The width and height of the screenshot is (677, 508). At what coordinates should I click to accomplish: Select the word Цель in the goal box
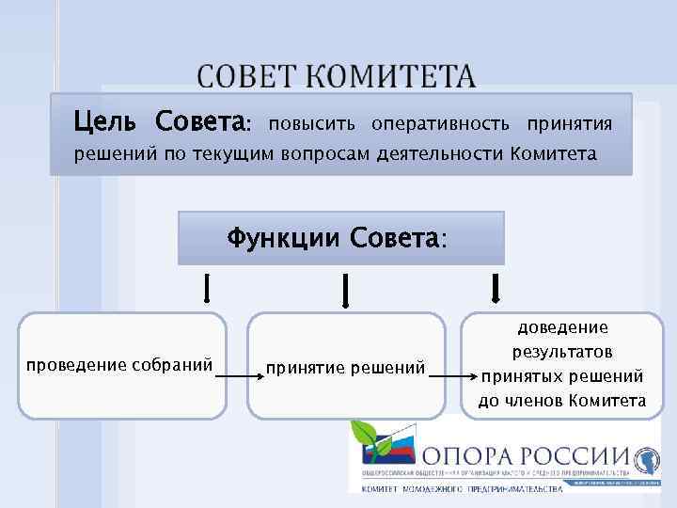(110, 122)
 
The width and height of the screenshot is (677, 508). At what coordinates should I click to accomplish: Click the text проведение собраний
(119, 364)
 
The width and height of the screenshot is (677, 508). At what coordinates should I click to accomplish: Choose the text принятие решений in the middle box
(346, 366)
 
